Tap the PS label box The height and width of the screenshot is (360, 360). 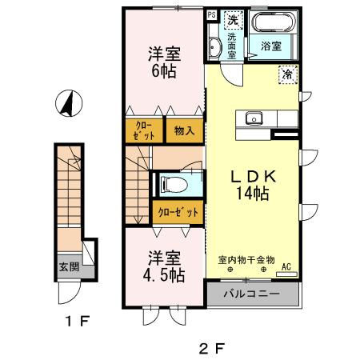pos(211,15)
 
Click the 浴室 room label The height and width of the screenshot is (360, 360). pos(271,47)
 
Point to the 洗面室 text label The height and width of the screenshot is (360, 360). pos(232,46)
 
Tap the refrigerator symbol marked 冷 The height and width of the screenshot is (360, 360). pos(286,74)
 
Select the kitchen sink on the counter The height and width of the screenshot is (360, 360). pos(254,120)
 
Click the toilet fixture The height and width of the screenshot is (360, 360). pos(172,185)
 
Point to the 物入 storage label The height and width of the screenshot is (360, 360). pos(182,130)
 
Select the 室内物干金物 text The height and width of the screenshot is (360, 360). pos(246,260)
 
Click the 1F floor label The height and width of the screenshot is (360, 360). pos(77,322)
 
